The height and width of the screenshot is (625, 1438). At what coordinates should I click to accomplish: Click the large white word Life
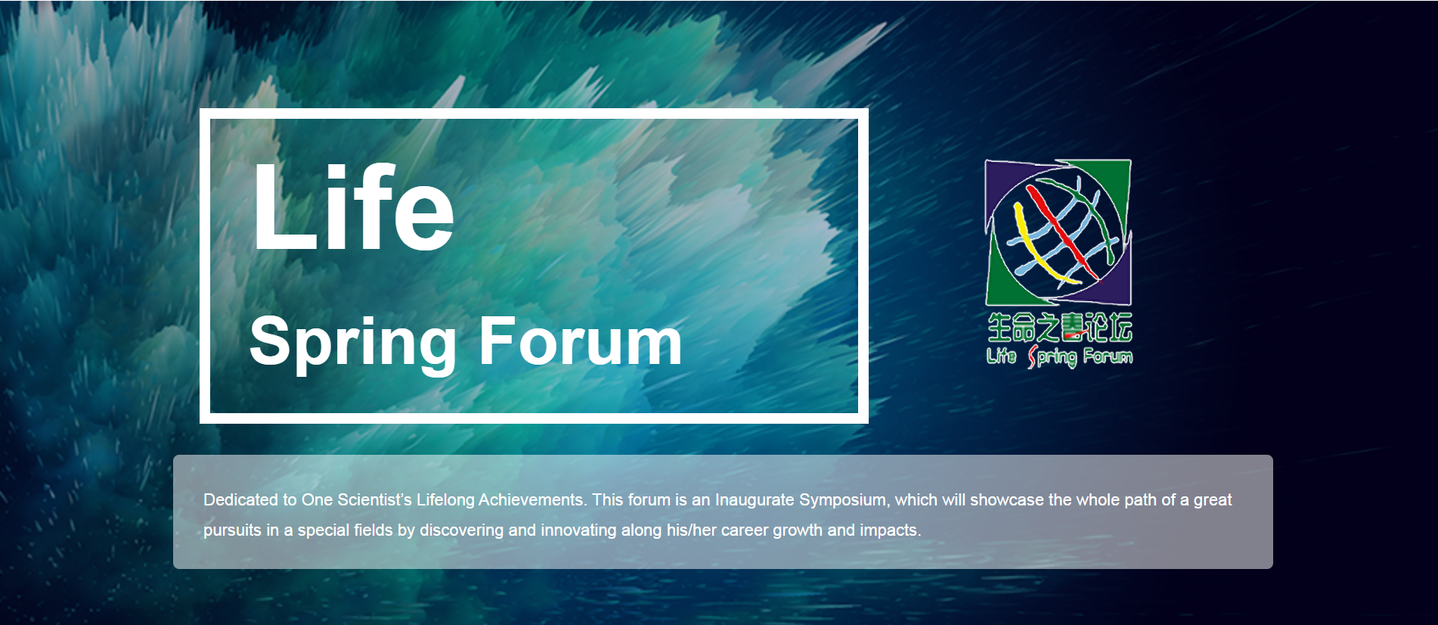(x=353, y=207)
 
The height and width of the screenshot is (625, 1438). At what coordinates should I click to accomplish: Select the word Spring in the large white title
(x=353, y=344)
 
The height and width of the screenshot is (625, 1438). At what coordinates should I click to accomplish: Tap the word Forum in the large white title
(x=581, y=341)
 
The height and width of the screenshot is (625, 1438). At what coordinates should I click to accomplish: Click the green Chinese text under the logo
(x=1059, y=327)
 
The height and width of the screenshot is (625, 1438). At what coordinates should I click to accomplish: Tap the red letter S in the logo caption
(x=1033, y=356)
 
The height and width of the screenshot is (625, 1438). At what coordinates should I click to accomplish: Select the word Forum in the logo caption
(x=1108, y=356)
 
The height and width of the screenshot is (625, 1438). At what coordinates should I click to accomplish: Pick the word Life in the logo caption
(x=1001, y=355)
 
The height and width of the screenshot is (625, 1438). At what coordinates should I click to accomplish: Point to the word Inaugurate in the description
(x=755, y=500)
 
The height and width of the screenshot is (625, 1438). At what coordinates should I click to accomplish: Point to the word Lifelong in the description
(x=445, y=500)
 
